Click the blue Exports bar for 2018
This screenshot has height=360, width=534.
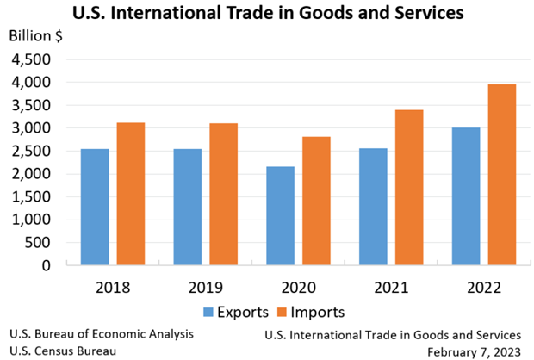[95, 207]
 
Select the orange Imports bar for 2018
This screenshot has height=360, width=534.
[131, 194]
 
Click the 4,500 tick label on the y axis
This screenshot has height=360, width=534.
[31, 59]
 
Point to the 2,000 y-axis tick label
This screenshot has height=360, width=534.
[31, 174]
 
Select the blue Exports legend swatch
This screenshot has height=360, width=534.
[209, 311]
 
